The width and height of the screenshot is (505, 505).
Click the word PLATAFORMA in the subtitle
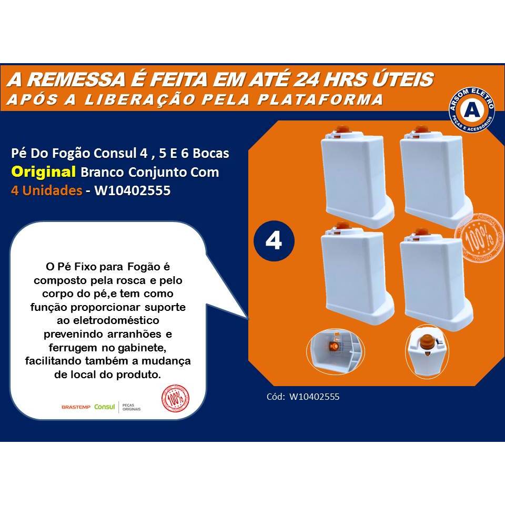[x=329, y=99]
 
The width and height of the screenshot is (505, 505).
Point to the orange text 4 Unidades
[x=46, y=190]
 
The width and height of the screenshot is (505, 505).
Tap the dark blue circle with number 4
[x=274, y=241]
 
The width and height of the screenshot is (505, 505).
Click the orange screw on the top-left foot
[x=342, y=129]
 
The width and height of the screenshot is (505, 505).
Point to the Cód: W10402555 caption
[x=303, y=397]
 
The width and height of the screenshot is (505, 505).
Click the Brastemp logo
[x=76, y=407]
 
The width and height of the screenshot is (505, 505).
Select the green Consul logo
[x=104, y=406]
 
